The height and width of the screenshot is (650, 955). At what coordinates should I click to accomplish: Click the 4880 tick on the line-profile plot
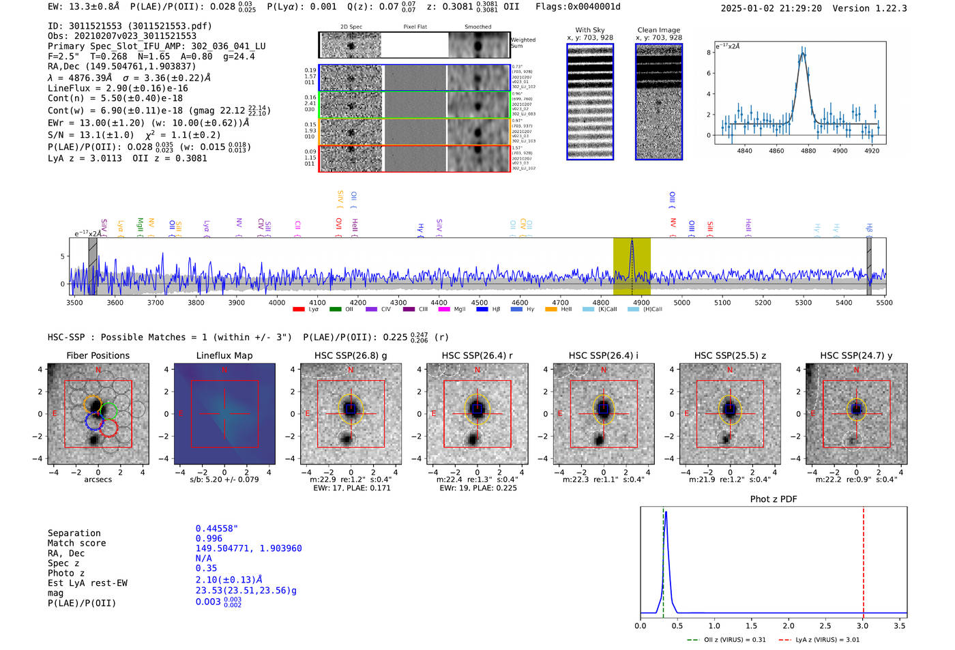[808, 151]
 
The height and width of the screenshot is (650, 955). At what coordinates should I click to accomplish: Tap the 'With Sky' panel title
[589, 30]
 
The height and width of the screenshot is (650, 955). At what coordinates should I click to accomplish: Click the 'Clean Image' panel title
[658, 30]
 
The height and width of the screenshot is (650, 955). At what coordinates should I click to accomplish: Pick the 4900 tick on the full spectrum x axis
[641, 302]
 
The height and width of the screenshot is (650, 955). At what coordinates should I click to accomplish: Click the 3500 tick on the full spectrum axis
[74, 302]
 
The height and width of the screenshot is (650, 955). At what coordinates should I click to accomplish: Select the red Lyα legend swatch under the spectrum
[298, 310]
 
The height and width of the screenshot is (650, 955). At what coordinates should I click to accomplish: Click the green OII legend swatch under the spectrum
[335, 310]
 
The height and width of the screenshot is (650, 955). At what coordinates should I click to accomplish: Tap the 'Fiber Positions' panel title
[98, 355]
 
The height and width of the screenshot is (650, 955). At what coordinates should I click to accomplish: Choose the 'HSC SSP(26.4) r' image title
[477, 355]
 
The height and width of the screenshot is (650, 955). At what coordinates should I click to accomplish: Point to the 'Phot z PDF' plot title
[773, 499]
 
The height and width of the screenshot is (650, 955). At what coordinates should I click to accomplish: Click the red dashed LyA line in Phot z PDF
[863, 559]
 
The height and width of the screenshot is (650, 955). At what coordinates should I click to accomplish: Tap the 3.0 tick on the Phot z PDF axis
[863, 625]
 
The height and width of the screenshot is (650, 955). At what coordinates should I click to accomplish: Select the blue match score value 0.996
[209, 538]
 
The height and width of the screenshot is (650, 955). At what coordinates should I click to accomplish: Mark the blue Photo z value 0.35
[206, 568]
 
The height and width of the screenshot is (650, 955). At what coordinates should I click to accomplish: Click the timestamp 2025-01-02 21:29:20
[771, 8]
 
